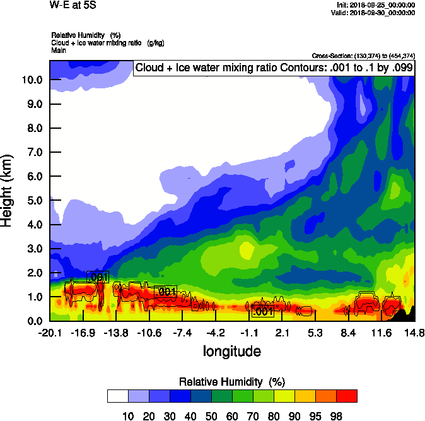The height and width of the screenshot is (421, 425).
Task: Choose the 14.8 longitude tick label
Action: (x=414, y=333)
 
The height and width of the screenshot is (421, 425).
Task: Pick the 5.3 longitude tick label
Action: (x=315, y=333)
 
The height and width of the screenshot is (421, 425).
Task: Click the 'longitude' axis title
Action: (x=232, y=350)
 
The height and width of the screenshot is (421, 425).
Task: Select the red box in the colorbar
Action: (x=346, y=396)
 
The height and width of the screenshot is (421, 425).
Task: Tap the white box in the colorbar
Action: (x=117, y=396)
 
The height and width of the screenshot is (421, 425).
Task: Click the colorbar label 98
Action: (x=336, y=415)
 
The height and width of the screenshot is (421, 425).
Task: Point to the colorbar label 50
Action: (x=211, y=415)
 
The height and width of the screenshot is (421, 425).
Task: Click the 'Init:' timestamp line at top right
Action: (x=376, y=5)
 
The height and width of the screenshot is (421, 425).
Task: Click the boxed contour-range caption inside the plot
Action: (x=274, y=68)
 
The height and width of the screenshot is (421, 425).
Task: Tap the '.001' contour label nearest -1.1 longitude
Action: (x=262, y=311)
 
